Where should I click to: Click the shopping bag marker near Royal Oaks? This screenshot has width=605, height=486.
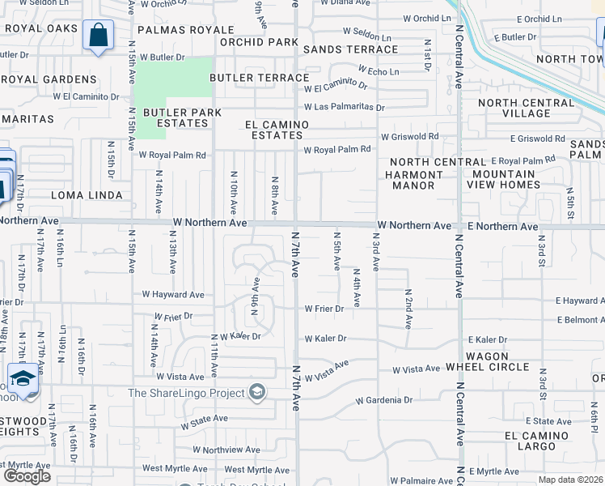(x=98, y=36)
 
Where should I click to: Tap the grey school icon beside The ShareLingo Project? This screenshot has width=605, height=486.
(x=257, y=393)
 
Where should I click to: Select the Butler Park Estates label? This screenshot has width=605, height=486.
(x=176, y=117)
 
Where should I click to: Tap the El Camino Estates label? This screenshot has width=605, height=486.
(x=277, y=130)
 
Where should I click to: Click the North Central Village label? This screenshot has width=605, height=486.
(x=526, y=109)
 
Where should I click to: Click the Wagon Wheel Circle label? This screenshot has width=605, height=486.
(x=488, y=361)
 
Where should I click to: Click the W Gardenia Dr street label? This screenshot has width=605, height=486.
(x=384, y=400)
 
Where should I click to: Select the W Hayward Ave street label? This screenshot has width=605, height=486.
(x=173, y=295)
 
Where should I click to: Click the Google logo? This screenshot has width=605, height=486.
(x=27, y=476)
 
